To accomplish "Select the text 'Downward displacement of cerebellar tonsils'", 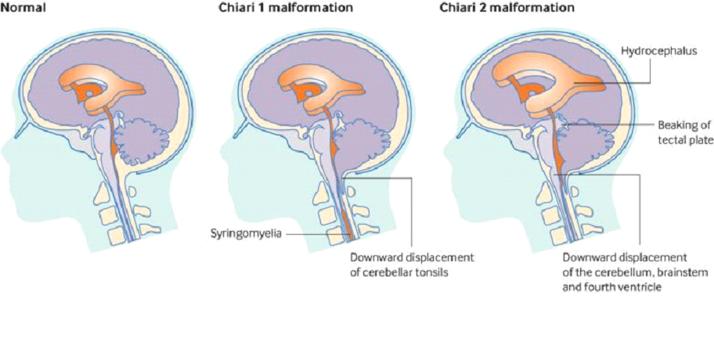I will (x=412, y=264).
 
